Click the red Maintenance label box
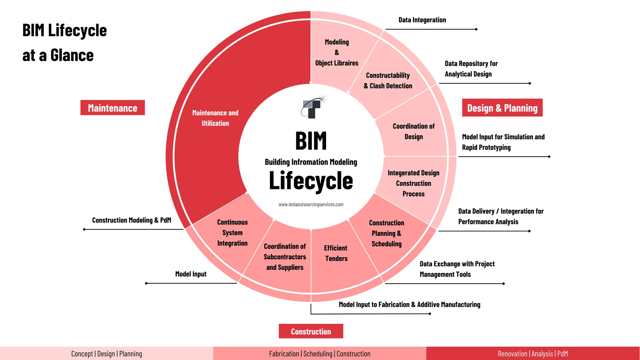coord(112,108)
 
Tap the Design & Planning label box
coord(502,108)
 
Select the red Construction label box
coord(311,331)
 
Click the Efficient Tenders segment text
coord(336,253)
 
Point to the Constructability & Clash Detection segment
coord(388,81)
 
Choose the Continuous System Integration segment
coord(232,233)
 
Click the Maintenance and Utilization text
coord(215,118)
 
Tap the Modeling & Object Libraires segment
coord(337,53)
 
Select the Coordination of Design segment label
coord(413,131)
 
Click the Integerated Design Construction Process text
coord(413,183)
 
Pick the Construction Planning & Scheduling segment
coord(386,233)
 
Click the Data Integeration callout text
coord(422,20)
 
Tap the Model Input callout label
coord(191,274)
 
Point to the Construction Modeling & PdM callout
coord(131,220)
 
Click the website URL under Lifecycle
coord(311,205)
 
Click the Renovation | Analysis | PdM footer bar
coord(533,354)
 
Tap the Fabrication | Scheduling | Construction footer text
coord(319,354)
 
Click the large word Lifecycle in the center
coord(311,181)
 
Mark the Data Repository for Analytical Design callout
coord(471,69)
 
